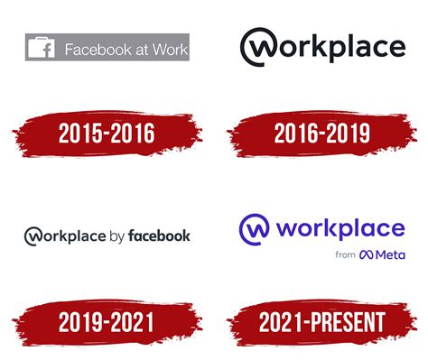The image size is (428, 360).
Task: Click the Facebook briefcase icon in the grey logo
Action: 42,49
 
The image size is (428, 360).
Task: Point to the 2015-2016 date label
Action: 106,134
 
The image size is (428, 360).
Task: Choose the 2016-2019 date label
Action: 321,134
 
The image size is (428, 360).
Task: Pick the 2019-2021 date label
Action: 106,321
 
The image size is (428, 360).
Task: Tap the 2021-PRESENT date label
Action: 321,321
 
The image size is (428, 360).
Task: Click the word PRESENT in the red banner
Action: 349,321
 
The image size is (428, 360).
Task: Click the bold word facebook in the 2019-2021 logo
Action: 160,236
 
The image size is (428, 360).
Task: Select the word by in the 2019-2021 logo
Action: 116,237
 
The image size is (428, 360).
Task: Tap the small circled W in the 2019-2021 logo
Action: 33,236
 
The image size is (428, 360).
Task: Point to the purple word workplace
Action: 339,228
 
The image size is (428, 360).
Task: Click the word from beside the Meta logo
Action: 344,255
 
